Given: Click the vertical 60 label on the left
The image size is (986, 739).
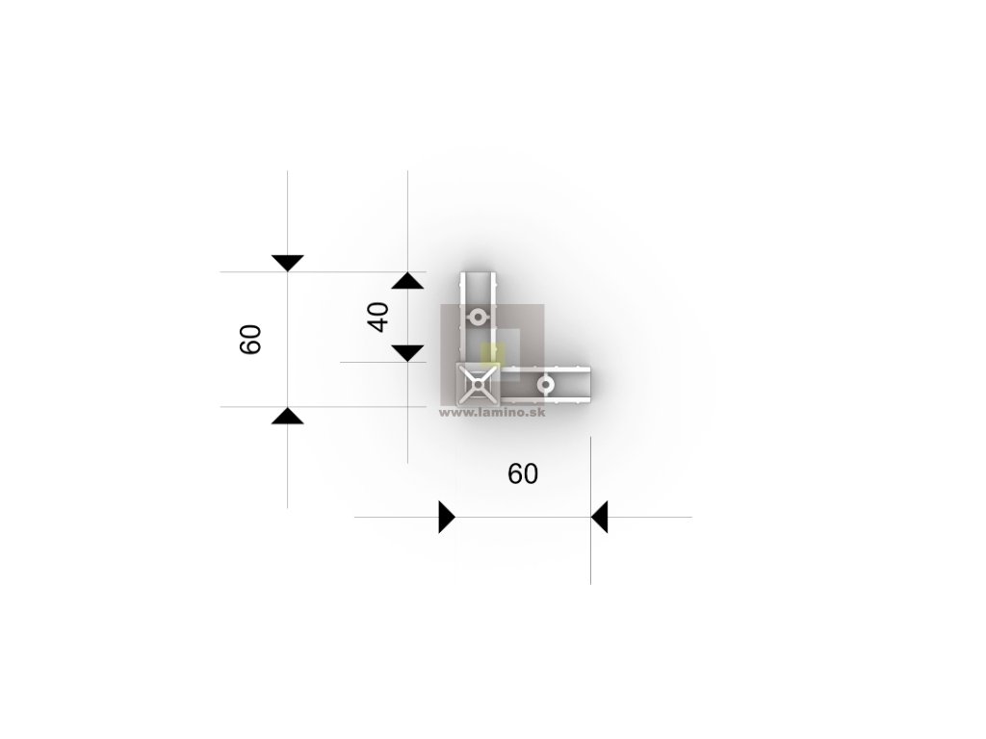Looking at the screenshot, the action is point(250,339).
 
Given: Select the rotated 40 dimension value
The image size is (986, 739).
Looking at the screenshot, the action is point(378,317).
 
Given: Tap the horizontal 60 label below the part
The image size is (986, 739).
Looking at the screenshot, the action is point(523,473).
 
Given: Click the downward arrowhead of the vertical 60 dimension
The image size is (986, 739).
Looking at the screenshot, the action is point(288,263).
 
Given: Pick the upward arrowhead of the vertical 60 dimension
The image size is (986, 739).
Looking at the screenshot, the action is point(288,416).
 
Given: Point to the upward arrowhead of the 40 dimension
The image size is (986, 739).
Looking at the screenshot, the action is point(408,281).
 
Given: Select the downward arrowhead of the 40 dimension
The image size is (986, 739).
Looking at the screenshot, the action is point(408,352).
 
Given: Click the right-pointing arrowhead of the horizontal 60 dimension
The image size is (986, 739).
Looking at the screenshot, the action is point(446,517).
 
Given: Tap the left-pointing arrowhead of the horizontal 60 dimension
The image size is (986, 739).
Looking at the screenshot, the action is point(599,517).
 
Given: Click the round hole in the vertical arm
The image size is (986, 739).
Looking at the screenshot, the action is point(479,316).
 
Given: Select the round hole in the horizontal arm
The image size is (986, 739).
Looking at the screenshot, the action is point(546,385).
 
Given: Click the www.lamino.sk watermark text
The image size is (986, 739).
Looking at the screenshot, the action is point(491,412).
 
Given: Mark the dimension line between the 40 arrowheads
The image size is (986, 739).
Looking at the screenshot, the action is point(408,317).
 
